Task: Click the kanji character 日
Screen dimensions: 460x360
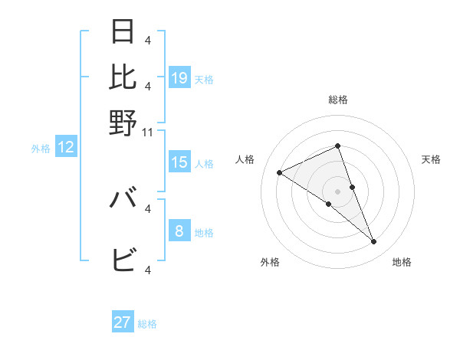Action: pos(123,31)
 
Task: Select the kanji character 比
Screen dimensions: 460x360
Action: pos(123,77)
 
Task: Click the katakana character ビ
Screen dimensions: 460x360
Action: pos(123,260)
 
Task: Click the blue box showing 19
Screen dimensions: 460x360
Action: pos(179,77)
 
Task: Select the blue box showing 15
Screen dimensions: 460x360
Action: pos(179,162)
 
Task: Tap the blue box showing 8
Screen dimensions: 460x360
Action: pos(179,231)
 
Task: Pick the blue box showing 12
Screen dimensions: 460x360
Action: pos(66,148)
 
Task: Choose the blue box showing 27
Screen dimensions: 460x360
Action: pos(123,322)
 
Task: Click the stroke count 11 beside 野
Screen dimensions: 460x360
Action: pos(149,133)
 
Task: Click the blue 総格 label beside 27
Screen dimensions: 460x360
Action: pos(148,324)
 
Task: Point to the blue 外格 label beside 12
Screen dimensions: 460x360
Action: pos(41,149)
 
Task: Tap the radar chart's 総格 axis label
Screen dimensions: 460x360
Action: pos(338,100)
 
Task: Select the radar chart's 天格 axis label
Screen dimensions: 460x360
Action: pos(432,159)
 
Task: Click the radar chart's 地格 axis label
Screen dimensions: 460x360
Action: pos(402,262)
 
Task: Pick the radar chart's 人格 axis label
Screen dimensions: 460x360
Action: pos(245,159)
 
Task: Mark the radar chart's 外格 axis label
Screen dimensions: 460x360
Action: pos(270,262)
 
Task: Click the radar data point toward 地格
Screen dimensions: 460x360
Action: pos(374,242)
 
